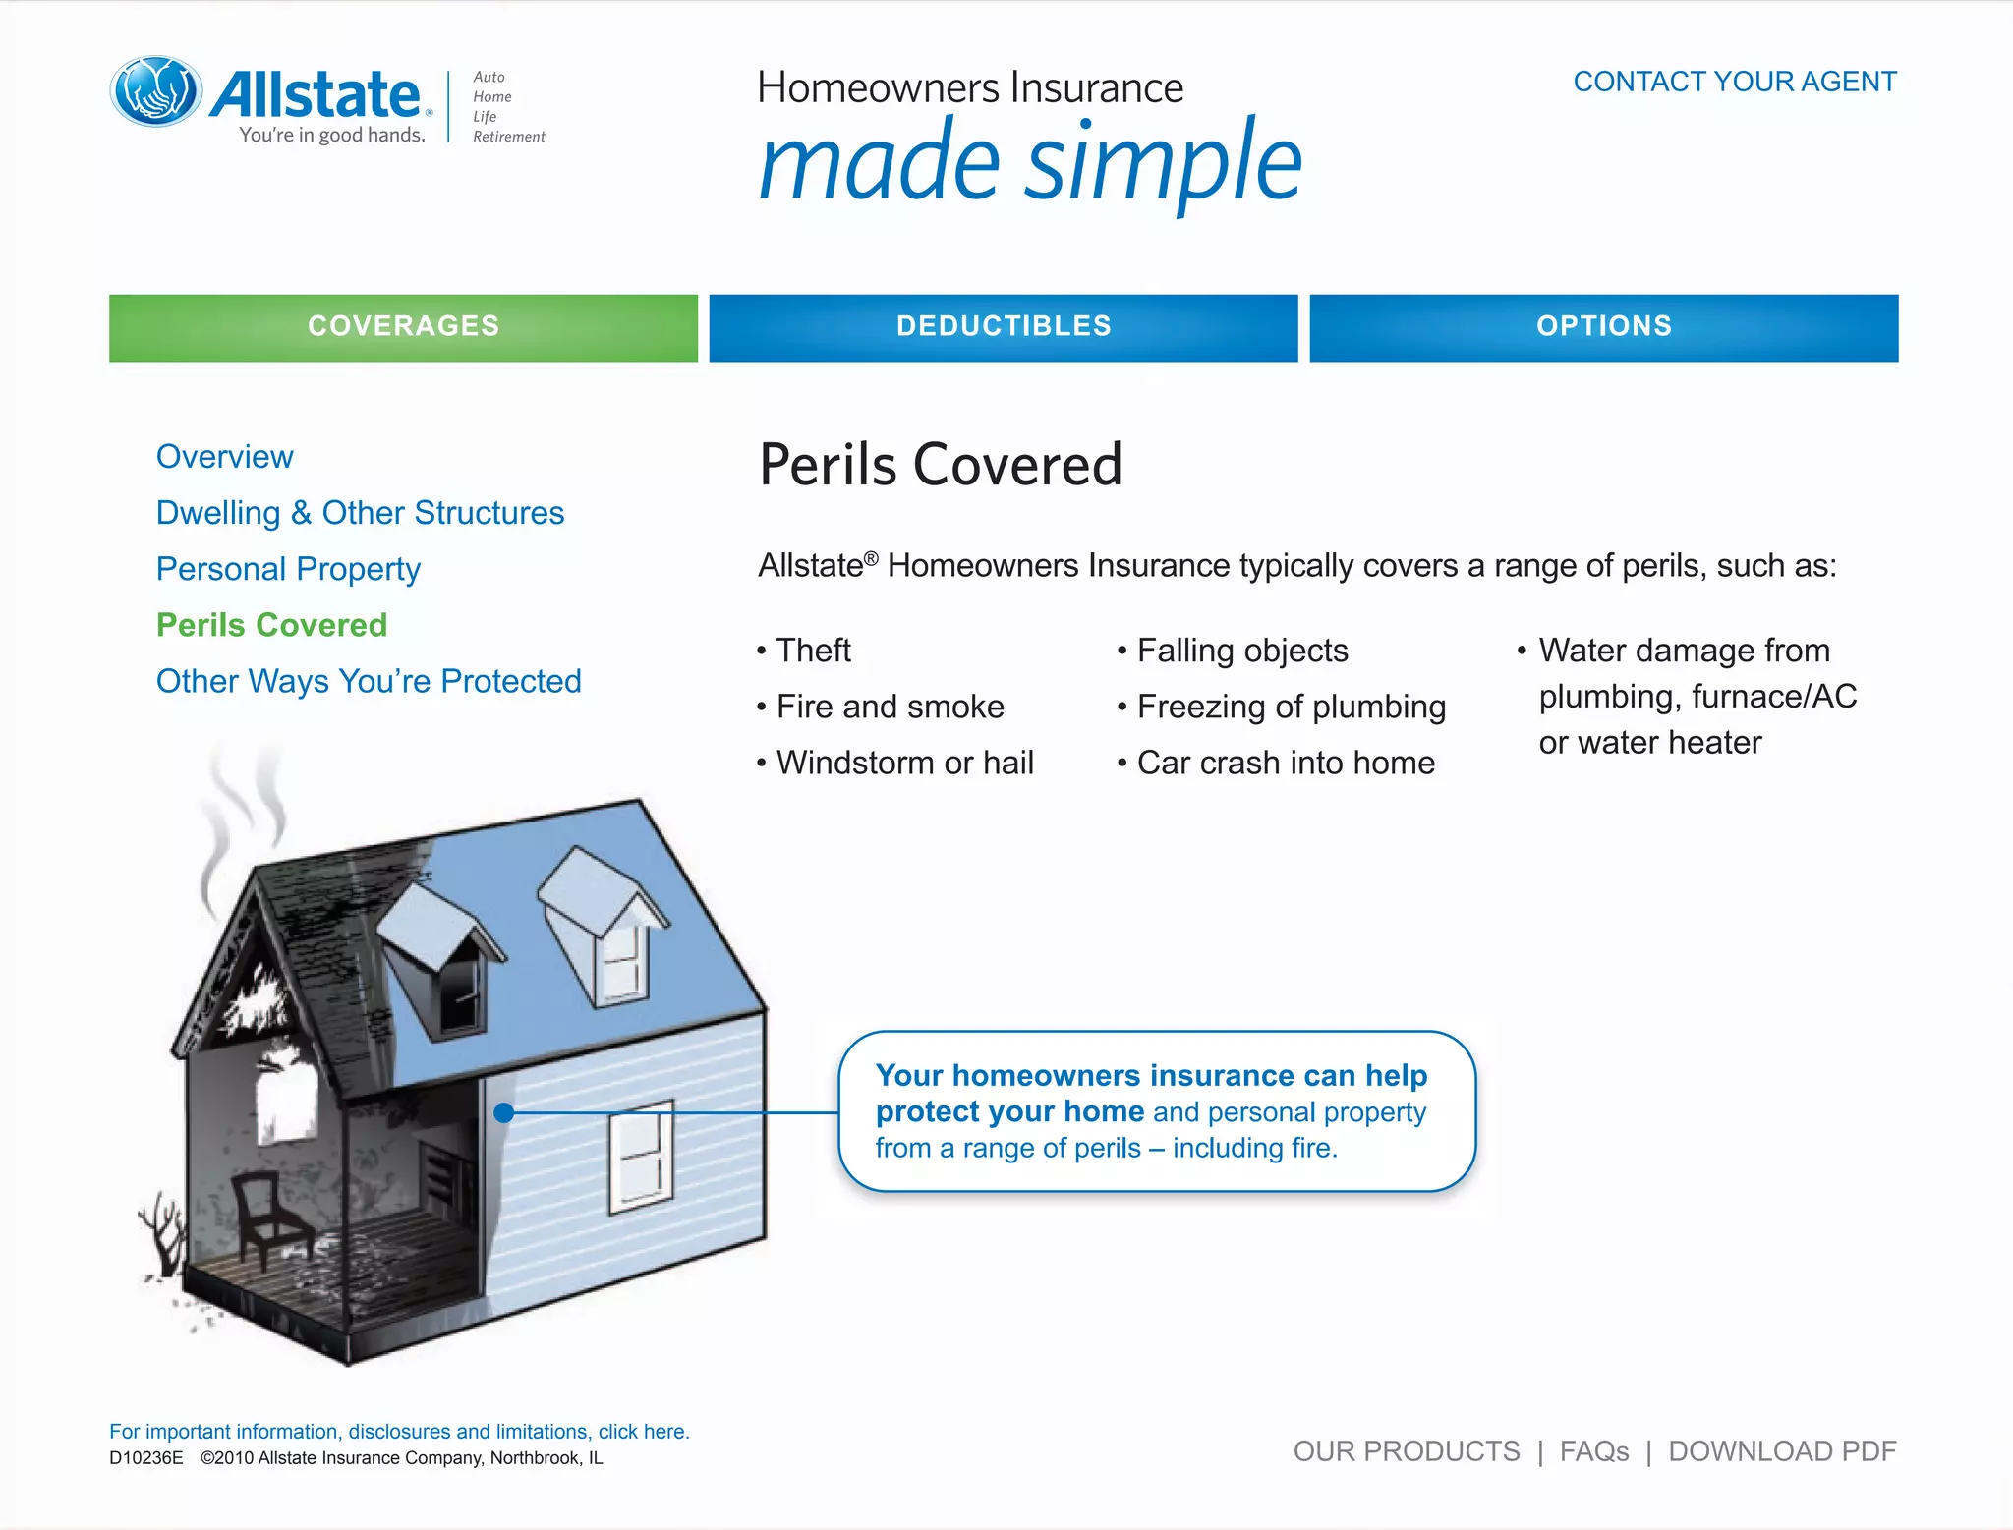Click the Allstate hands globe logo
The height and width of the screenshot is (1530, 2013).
coord(156,91)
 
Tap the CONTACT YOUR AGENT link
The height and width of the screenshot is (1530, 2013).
coord(1734,82)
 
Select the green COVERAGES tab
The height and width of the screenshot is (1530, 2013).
coord(403,327)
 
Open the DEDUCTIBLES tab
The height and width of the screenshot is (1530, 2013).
coord(1003,327)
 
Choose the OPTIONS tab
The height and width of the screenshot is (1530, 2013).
coord(1603,327)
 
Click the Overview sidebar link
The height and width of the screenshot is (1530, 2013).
coord(224,457)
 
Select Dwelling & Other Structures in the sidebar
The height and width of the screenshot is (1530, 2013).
coord(360,513)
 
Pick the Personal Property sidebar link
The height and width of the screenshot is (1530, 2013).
coord(288,569)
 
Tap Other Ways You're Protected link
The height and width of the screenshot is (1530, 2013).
coord(369,681)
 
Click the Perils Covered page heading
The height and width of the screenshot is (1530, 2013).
coord(940,465)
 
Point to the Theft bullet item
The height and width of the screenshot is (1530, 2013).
coord(813,651)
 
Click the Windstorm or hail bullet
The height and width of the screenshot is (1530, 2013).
coord(903,763)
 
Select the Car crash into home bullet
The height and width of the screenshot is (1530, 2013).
coord(1285,763)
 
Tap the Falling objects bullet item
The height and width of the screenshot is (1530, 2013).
coord(1241,651)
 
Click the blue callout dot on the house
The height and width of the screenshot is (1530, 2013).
coord(504,1112)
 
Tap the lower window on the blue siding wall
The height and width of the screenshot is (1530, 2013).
coord(641,1156)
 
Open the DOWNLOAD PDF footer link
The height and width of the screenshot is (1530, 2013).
coord(1781,1451)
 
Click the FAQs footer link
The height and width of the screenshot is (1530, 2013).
coord(1593,1451)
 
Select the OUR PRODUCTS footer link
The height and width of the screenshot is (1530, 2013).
coord(1406,1451)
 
